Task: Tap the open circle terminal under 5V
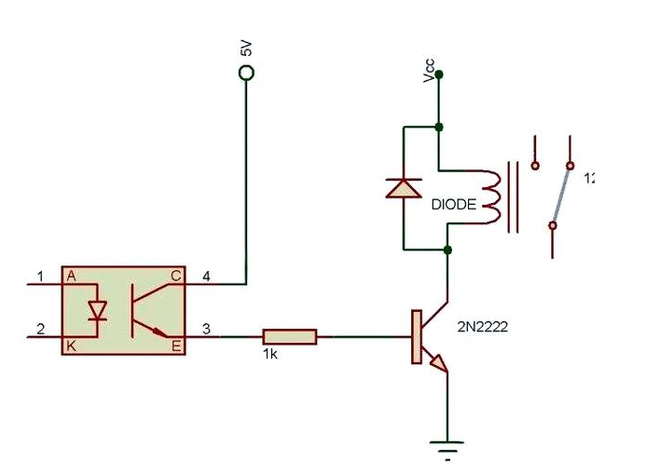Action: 247,72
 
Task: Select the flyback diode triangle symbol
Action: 404,188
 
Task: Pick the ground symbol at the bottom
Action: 448,448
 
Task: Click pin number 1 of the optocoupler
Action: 39,276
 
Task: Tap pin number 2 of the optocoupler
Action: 39,327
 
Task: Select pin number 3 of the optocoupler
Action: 207,327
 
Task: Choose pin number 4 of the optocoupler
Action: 207,276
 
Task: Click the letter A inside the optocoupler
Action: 70,276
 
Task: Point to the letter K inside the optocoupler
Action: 70,345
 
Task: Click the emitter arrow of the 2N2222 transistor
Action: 438,365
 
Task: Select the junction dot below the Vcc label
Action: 439,127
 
